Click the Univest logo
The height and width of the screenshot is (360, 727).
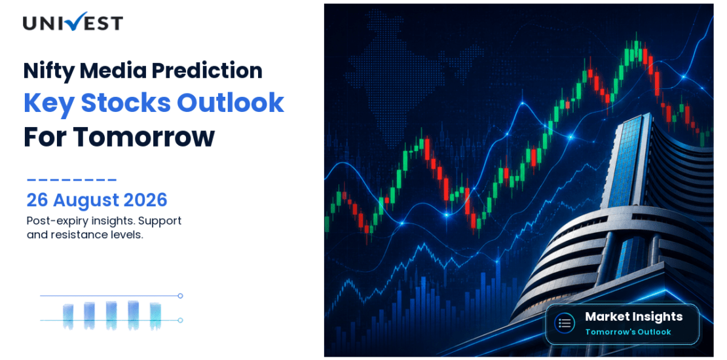73,22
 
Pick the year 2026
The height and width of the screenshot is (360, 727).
145,200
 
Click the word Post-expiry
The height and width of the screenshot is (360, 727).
52,221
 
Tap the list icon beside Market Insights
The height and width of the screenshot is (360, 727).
565,323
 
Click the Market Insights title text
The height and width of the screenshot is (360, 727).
633,316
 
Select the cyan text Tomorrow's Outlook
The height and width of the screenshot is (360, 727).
628,332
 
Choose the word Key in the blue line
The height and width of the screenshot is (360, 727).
48,104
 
